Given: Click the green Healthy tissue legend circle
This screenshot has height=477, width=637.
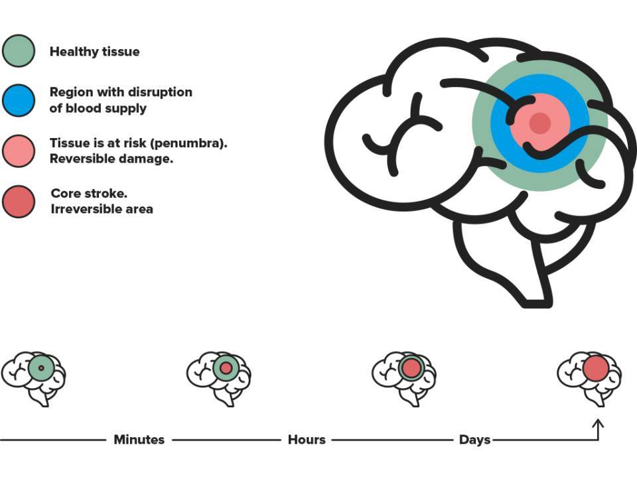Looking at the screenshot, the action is click(19, 51).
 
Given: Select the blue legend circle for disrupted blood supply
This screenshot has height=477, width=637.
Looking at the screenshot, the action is click(19, 100).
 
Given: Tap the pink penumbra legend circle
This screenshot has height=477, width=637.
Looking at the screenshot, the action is click(19, 151).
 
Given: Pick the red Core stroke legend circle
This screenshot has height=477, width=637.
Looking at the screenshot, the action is click(19, 202).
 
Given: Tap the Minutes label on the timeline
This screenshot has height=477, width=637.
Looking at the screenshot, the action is click(139, 440).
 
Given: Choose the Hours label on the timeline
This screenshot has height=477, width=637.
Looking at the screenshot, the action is click(307, 440).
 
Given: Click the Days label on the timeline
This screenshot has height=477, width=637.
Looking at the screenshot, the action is click(474, 440).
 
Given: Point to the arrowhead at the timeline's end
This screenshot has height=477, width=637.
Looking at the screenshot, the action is click(598, 423).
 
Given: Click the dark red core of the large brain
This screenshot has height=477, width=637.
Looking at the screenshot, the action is click(540, 123).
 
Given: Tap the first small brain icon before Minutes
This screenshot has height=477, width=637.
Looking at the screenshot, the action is click(34, 379).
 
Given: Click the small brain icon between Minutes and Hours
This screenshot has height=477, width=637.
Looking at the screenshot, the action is click(218, 379).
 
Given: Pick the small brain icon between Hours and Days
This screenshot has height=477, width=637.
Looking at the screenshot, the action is click(404, 379).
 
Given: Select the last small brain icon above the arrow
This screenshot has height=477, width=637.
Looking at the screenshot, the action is click(589, 379).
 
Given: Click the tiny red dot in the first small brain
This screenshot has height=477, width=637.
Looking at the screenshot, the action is click(41, 368).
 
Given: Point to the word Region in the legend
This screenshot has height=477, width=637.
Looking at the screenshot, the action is click(72, 93).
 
